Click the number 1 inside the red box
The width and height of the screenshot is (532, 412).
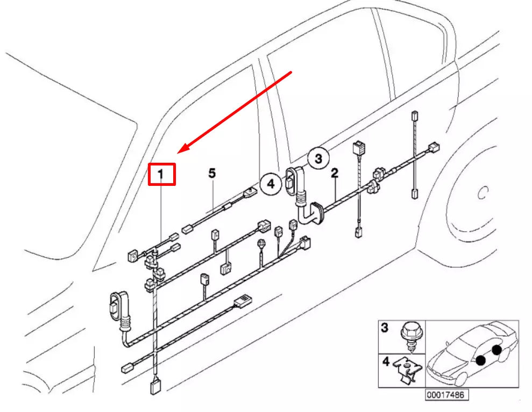[161, 175]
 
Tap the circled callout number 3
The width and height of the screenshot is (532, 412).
[318, 158]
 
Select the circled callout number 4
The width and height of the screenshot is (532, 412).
[271, 184]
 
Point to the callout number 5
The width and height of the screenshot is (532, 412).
[212, 173]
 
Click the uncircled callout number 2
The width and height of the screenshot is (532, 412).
[335, 173]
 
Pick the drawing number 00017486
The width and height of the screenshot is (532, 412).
[447, 395]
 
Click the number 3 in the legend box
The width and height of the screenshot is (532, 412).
[385, 328]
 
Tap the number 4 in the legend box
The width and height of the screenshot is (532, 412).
[386, 362]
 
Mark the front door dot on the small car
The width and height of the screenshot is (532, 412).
[480, 360]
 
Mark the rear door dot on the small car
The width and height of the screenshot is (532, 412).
[497, 350]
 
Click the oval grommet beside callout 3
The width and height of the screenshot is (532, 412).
[291, 181]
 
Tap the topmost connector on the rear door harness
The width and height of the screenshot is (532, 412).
[414, 116]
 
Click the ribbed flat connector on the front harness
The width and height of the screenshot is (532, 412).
[243, 301]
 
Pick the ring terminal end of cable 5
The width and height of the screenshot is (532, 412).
[250, 193]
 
